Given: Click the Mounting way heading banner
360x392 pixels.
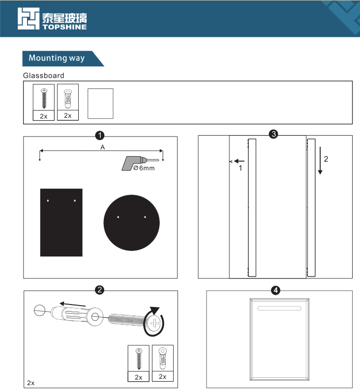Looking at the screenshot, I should (x=57, y=58).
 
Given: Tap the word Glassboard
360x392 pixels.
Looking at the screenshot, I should (x=43, y=76).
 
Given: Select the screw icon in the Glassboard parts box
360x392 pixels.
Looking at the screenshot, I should (x=44, y=98).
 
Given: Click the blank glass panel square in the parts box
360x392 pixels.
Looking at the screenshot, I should (x=100, y=104).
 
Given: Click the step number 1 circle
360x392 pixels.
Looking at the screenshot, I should (x=100, y=135).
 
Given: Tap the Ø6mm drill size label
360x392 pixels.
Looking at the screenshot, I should (x=144, y=168).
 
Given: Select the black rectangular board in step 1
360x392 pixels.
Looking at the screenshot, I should (x=61, y=222).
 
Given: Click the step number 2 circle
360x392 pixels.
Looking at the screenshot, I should (x=100, y=290).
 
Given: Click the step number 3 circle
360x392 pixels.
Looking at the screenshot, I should (x=273, y=134).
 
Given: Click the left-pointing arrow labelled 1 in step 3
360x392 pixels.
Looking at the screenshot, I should (x=239, y=161).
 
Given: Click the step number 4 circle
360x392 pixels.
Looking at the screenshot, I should (x=276, y=290).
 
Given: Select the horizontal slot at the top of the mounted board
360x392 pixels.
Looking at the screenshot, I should (x=279, y=308).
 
